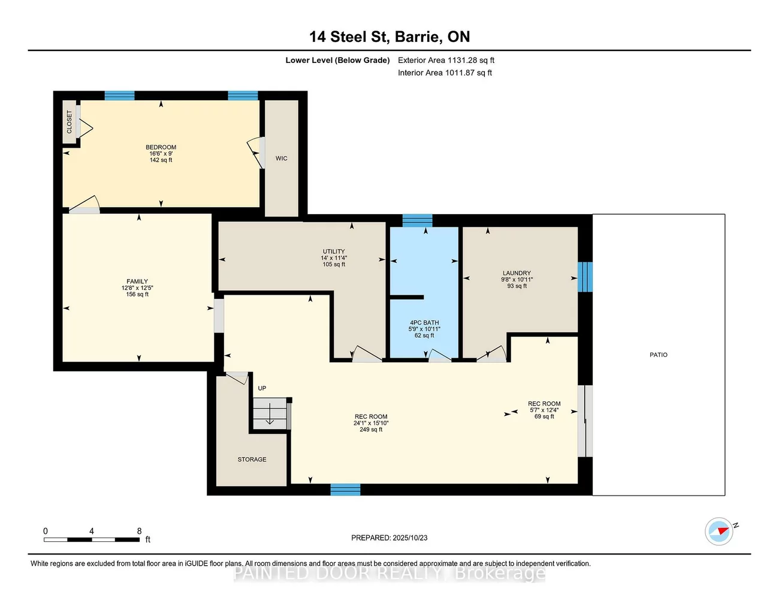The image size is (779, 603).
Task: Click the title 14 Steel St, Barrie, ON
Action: tap(389, 37)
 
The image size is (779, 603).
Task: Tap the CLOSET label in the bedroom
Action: tap(70, 122)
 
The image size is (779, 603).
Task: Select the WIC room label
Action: tap(281, 158)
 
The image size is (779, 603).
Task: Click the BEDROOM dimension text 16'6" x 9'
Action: tap(161, 154)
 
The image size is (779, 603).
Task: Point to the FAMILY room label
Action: tap(137, 281)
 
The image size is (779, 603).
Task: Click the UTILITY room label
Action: tap(334, 251)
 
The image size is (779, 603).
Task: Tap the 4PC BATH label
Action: tap(424, 323)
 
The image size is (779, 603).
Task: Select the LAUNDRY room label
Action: tap(517, 273)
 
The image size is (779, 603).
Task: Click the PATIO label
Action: tap(659, 355)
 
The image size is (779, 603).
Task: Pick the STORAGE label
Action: tap(252, 459)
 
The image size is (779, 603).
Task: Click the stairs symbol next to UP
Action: tap(270, 414)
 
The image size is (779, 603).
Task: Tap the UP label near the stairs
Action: tap(262, 388)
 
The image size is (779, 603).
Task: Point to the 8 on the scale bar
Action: tap(140, 531)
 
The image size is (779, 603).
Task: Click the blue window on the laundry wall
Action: tap(585, 277)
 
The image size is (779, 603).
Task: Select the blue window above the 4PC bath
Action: tap(417, 220)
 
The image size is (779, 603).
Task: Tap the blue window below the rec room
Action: tap(345, 490)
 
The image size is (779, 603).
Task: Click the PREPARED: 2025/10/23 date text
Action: tap(389, 538)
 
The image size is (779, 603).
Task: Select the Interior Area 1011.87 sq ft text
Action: tap(445, 73)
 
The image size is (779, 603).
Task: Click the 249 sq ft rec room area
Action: tap(371, 430)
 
